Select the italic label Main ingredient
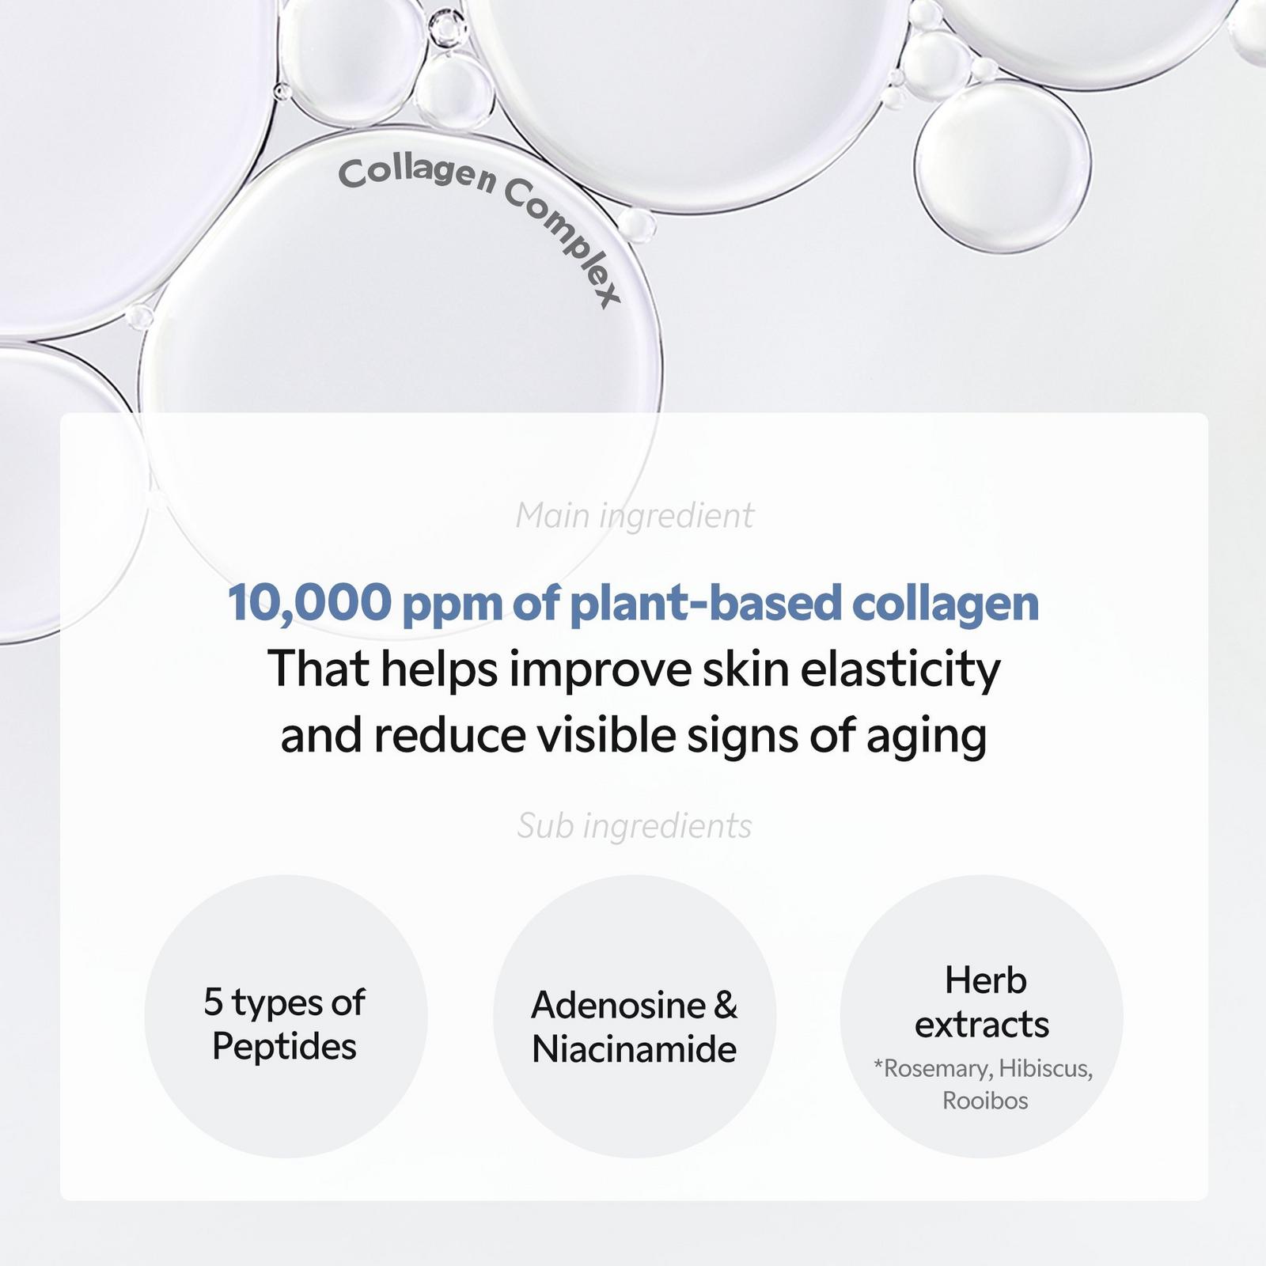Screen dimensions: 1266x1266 (635, 516)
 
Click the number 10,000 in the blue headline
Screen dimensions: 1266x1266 (309, 603)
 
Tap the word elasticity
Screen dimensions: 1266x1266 (900, 669)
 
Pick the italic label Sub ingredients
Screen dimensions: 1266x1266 (635, 826)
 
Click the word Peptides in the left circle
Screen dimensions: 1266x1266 (285, 1047)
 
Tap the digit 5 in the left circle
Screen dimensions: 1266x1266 (213, 1002)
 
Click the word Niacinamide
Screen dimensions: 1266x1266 (635, 1050)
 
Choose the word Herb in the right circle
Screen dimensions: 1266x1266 (985, 981)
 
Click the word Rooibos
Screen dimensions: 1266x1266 (985, 1101)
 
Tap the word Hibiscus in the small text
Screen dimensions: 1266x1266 (1045, 1069)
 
